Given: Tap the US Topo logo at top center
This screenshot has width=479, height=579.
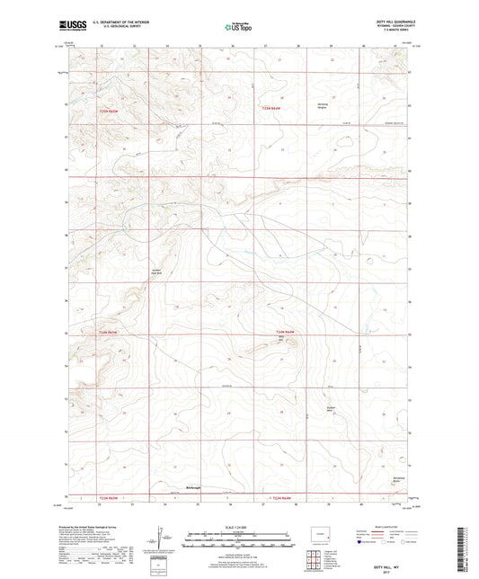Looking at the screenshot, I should point(238,28).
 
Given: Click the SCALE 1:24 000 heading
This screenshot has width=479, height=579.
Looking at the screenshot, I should point(239,527).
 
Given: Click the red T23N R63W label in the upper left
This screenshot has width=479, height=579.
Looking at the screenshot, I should point(106,108).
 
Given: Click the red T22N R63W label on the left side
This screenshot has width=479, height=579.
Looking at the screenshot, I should point(106,334).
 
